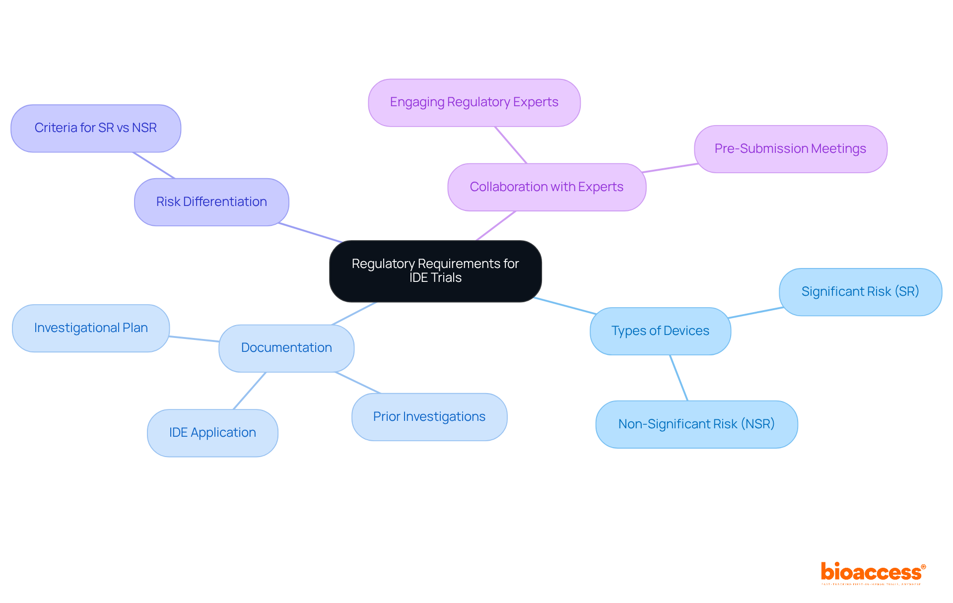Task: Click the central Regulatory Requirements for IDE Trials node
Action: (435, 271)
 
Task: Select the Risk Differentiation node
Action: (211, 202)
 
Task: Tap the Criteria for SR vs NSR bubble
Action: (96, 128)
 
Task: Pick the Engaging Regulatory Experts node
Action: (474, 102)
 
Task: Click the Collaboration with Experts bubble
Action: (546, 187)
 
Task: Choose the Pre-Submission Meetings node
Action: (790, 149)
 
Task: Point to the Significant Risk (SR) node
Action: (860, 292)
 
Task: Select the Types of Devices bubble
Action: (660, 331)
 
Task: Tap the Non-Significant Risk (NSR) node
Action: (696, 424)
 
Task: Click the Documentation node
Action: (286, 348)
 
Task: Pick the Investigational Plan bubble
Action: (91, 328)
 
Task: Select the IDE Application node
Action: (212, 433)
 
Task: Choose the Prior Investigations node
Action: (429, 417)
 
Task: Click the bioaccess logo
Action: (873, 573)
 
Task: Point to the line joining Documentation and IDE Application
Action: (250, 391)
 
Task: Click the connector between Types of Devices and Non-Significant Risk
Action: (679, 378)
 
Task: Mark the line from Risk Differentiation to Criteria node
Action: (154, 165)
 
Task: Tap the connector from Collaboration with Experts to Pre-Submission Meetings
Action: (670, 168)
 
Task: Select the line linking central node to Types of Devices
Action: (565, 306)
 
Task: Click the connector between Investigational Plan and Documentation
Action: (194, 339)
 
